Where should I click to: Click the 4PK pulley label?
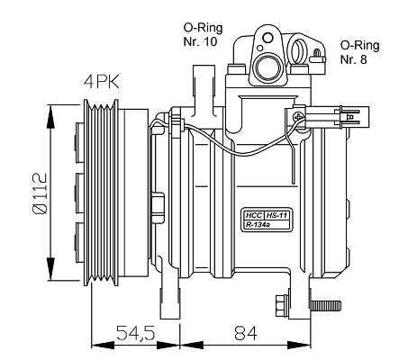coord(102,81)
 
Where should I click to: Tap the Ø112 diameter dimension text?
coord(40,193)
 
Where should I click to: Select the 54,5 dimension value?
coord(136,332)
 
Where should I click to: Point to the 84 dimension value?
coord(246,332)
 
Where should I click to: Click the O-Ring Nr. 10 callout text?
coord(203,34)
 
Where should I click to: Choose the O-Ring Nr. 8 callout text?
coord(359,52)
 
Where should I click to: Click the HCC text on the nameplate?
coord(253,215)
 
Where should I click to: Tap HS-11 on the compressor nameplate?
coord(277,215)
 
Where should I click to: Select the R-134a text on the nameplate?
coord(258,225)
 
